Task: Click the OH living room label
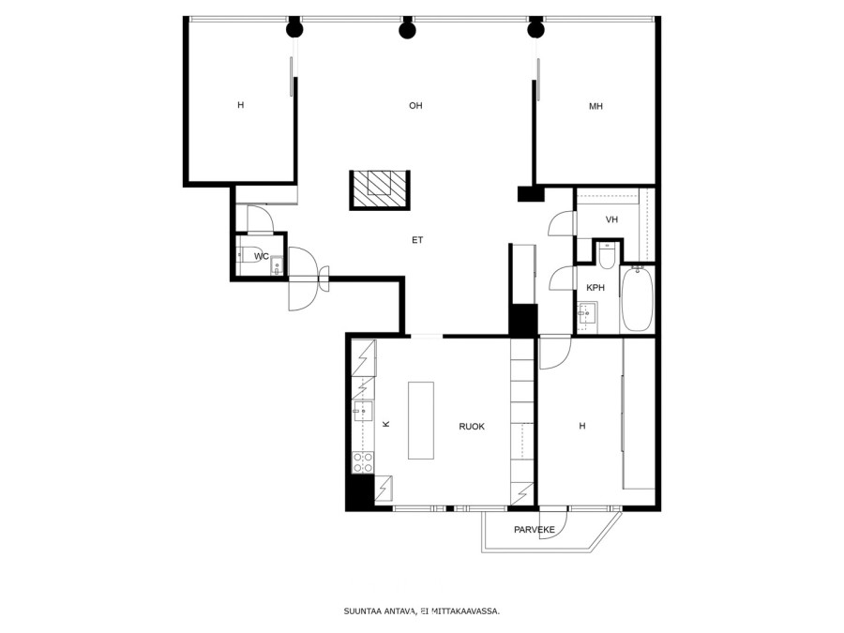coord(415,105)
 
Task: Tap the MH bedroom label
coord(595,106)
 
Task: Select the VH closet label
coord(611,219)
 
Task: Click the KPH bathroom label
coord(595,288)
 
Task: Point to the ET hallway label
coord(417,240)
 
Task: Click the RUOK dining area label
coord(472,427)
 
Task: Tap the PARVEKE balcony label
coord(534,530)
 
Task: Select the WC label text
coord(262,256)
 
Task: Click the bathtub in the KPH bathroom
coord(638,299)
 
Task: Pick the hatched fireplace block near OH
coord(380,190)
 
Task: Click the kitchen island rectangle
coord(421,420)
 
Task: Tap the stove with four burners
coord(363,462)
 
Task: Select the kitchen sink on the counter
coord(363,412)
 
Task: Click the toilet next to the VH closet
coord(607,255)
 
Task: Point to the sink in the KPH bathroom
coord(587,311)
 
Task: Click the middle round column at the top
coord(408,30)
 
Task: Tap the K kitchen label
coord(385,424)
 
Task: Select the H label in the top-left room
coord(241,105)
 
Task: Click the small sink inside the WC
coord(277,265)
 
